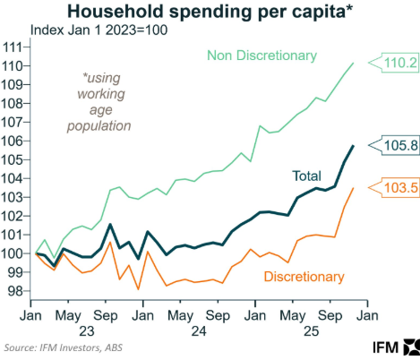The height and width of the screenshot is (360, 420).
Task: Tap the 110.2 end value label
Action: pos(396,64)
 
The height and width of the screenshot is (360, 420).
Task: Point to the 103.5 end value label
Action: pos(396,188)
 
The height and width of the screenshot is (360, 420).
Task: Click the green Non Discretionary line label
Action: pos(261,56)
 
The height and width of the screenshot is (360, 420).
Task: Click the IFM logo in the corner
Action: pos(393,346)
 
